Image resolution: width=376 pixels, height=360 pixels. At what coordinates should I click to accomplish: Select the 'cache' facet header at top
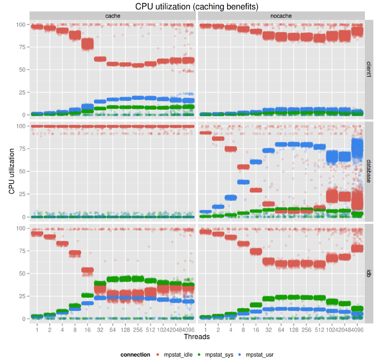click(112, 16)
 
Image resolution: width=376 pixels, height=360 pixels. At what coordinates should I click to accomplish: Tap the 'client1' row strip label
click(369, 69)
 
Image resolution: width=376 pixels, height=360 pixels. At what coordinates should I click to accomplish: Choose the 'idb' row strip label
click(369, 273)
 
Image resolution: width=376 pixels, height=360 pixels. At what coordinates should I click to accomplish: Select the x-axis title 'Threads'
click(196, 336)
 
